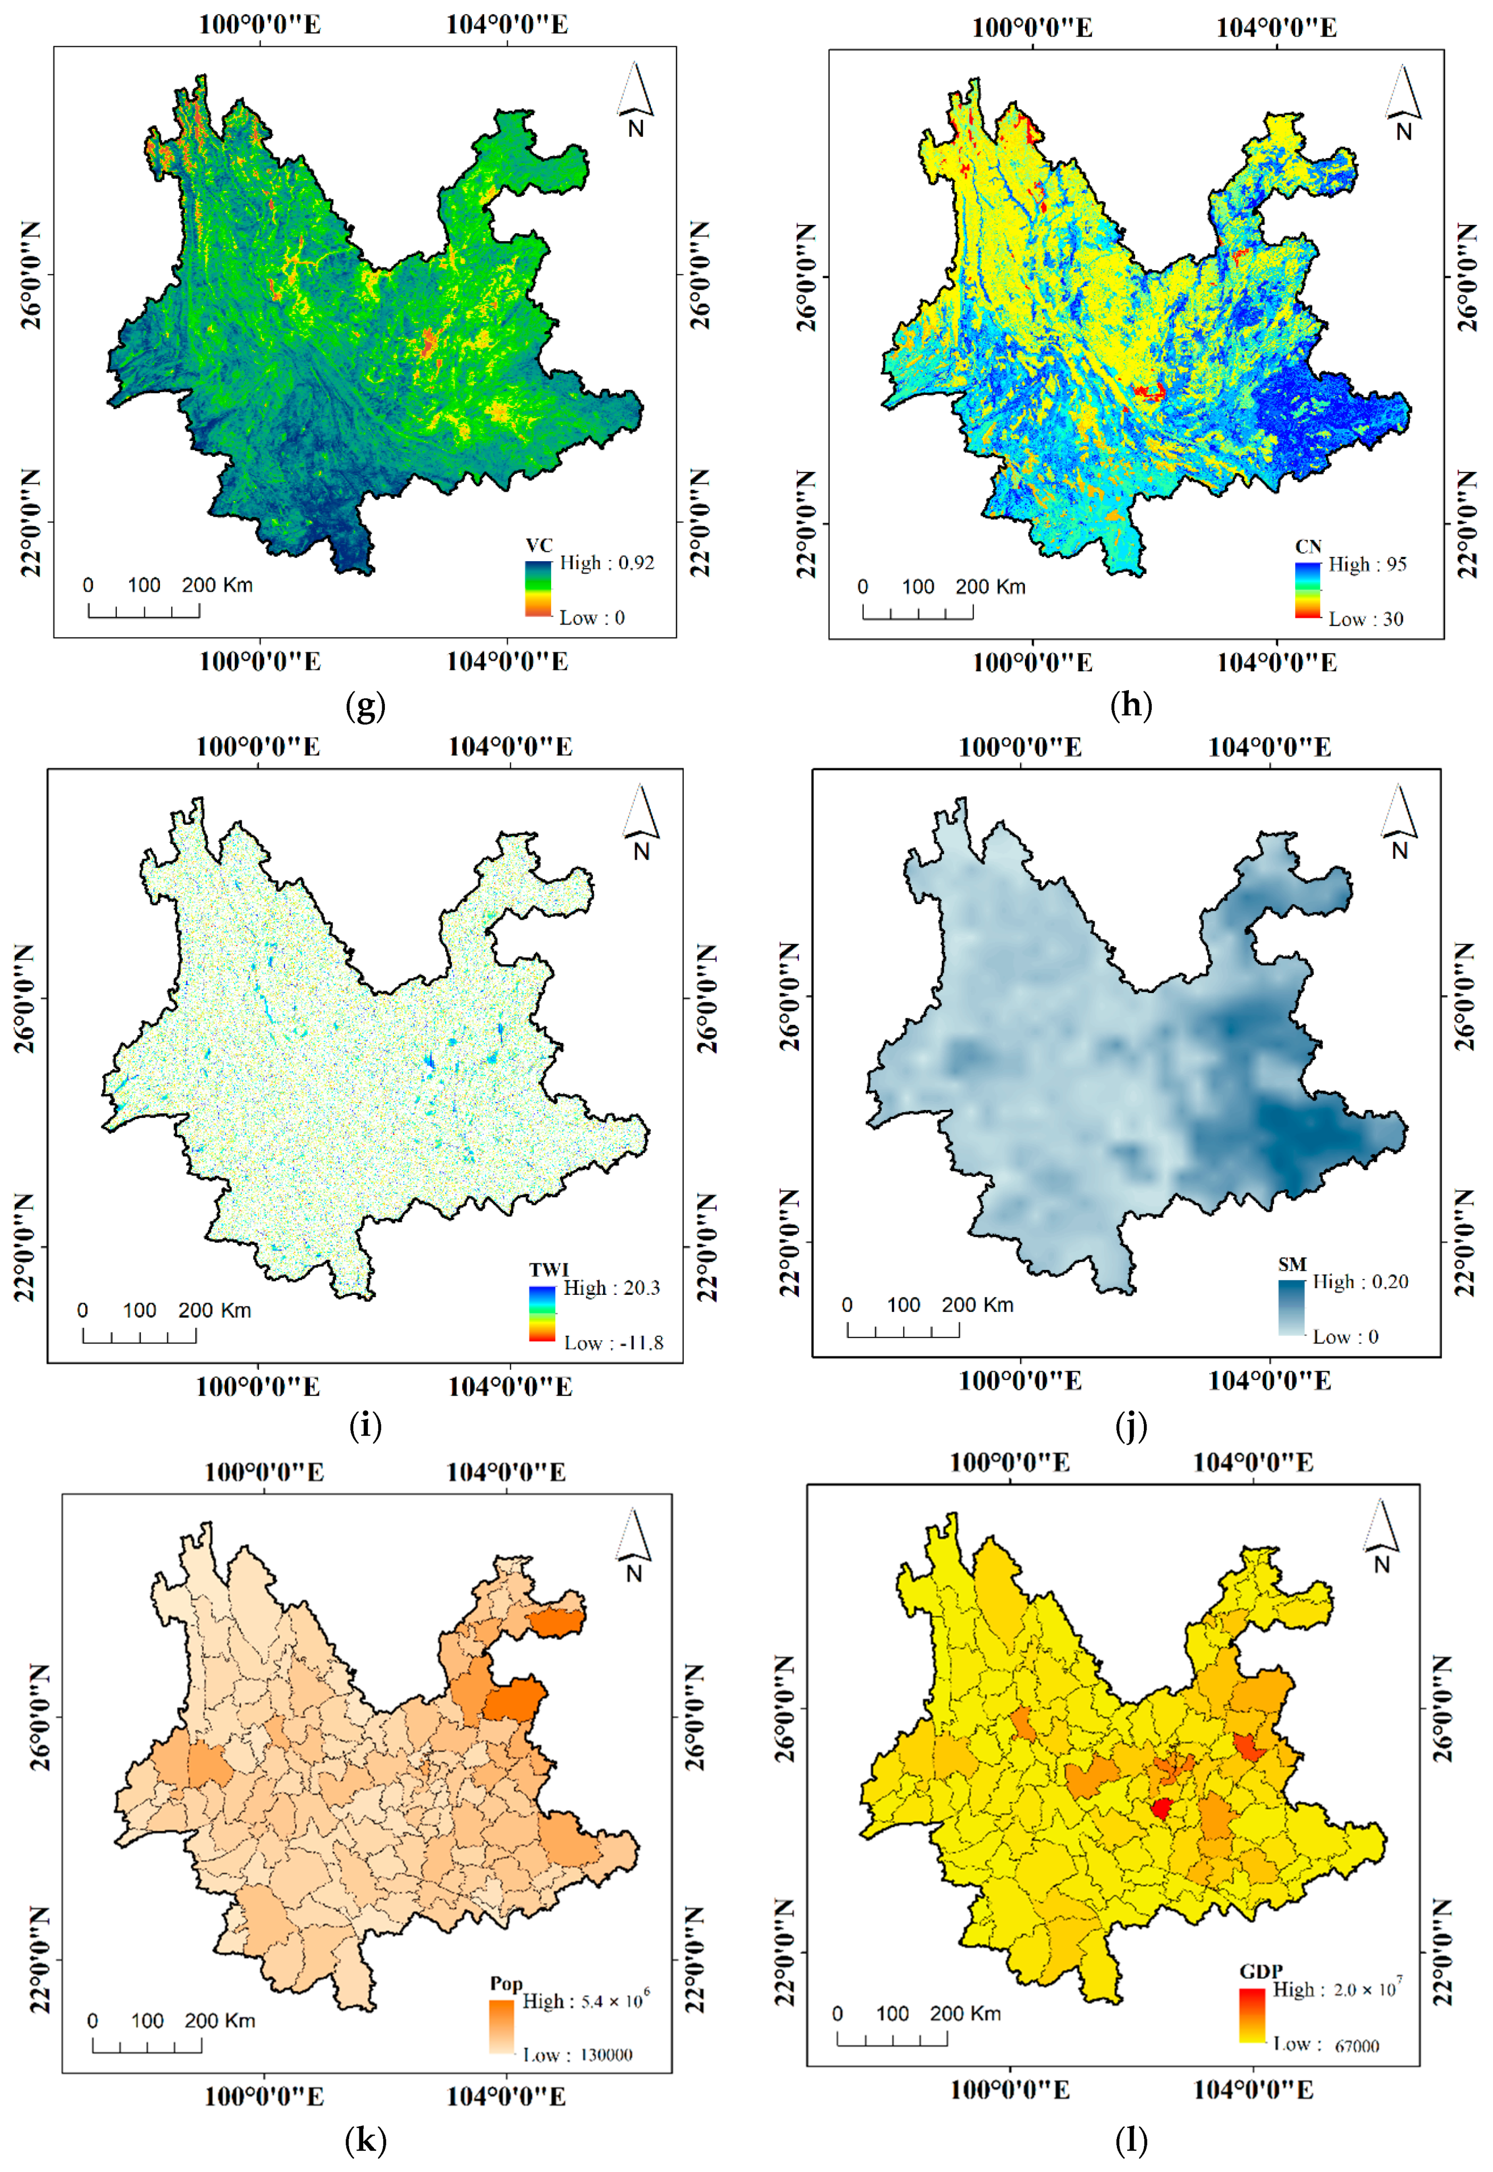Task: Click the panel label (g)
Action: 365,706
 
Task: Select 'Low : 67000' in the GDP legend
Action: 1326,2045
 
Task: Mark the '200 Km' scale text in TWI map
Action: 214,1310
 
